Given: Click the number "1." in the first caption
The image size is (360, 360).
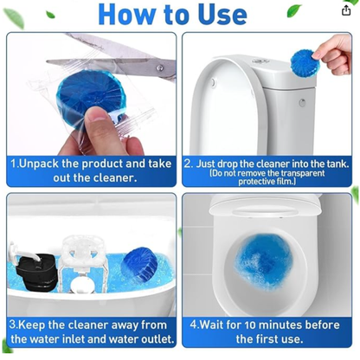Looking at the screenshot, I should [16, 163].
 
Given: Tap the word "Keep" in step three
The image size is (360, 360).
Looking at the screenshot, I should [38, 325].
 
